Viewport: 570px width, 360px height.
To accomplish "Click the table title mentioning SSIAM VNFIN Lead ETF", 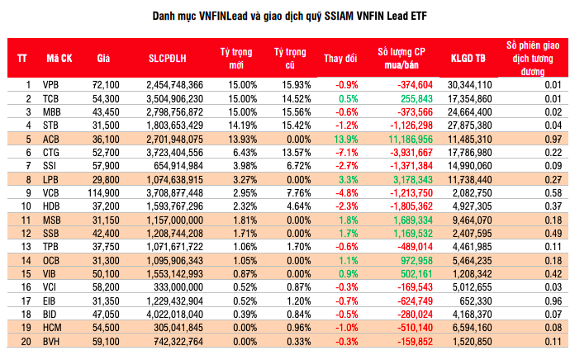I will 284,15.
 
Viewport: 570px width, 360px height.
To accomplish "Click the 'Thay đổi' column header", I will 340,58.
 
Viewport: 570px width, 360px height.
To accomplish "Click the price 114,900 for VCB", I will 104,192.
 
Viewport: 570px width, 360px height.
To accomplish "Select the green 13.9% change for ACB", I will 346,138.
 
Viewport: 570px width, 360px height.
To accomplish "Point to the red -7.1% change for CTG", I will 346,152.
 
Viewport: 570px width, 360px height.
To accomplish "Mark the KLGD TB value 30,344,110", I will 470,85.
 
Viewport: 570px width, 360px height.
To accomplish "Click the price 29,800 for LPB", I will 107,178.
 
